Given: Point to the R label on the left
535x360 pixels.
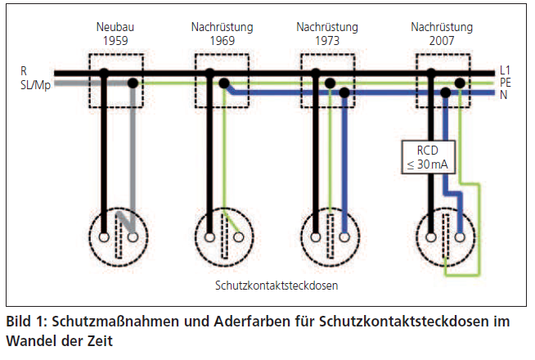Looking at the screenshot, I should tap(25, 71).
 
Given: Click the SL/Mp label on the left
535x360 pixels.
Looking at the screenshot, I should tap(32, 83).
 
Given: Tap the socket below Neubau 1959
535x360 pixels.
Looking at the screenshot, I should tap(117, 236).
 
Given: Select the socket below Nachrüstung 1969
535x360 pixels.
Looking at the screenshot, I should tap(223, 236).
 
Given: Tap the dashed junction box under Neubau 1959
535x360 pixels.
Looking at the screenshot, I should tap(116, 80).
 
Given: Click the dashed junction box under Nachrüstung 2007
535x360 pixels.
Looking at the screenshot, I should tap(443, 80).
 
